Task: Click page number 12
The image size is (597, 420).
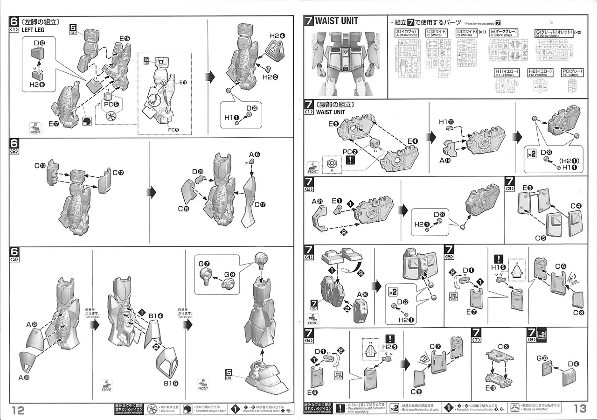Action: coord(18,409)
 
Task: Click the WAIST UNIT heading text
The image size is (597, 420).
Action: coord(336,21)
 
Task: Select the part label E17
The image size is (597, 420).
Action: coord(56,124)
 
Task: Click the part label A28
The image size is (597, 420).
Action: coord(32,324)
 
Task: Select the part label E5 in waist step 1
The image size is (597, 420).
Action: coord(333,124)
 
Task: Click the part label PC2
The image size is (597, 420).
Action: coord(350,151)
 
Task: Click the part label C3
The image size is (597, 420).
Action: coord(503,346)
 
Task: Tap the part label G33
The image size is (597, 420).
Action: coord(541,358)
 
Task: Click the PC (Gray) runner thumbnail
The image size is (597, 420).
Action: coord(575,85)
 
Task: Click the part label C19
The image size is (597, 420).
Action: coord(184,209)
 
